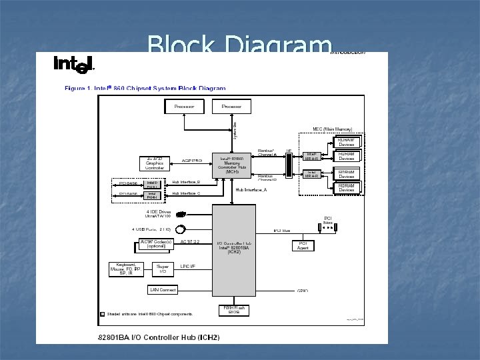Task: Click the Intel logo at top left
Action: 73,64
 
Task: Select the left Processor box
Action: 184,107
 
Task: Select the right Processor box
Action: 231,107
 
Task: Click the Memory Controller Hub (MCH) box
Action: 232,164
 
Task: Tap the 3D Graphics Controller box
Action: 155,163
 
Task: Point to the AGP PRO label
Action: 192,161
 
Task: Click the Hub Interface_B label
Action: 186,182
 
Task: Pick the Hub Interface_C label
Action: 186,193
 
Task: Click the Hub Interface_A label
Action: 251,189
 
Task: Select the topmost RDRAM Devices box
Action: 346,142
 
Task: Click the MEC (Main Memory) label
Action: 332,129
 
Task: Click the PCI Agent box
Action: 303,245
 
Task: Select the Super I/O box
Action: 163,269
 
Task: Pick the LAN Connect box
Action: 163,290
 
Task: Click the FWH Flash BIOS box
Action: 233,310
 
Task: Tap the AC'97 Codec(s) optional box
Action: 156,244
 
